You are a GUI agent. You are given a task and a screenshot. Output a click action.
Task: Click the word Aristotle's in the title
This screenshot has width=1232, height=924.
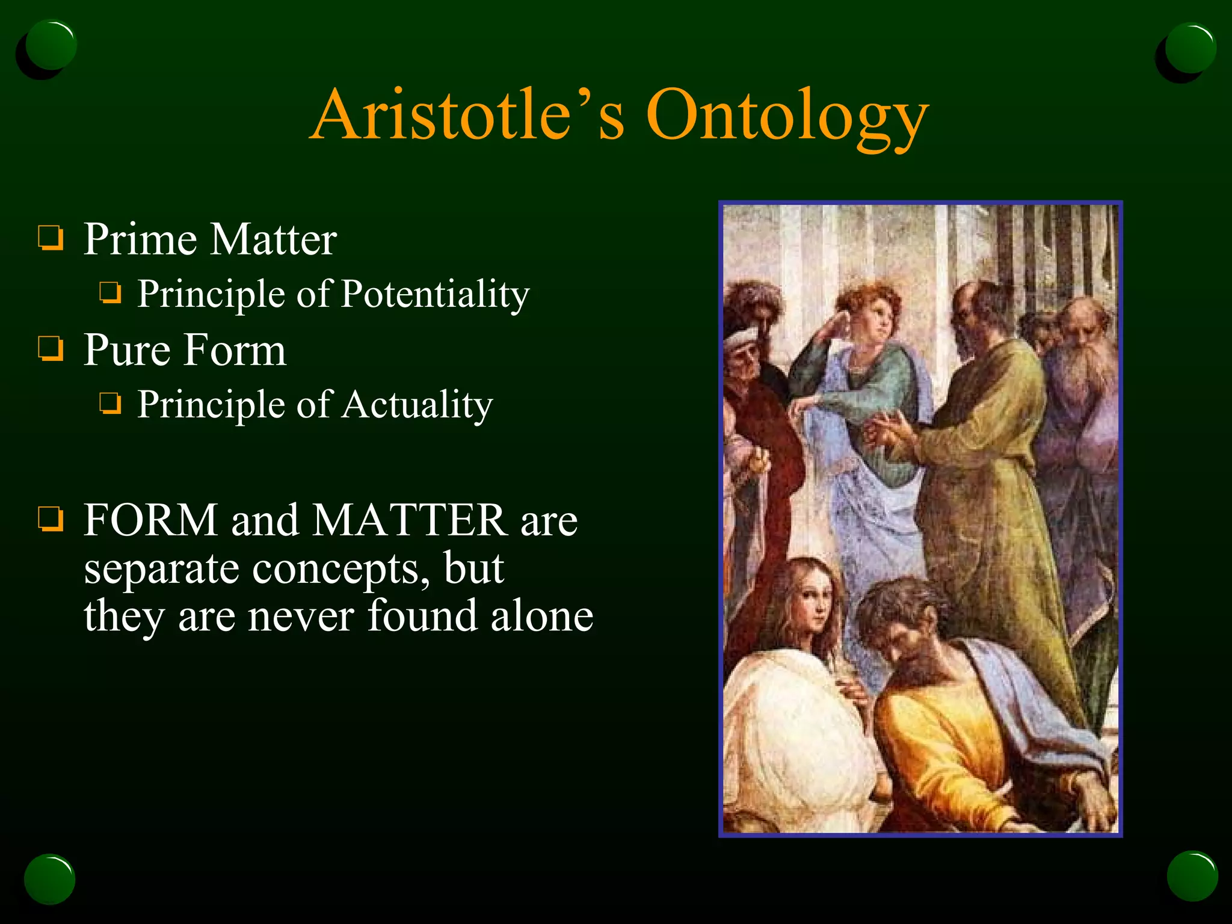[x=469, y=115]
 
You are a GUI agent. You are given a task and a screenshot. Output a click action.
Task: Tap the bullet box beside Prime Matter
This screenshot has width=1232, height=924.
[x=51, y=238]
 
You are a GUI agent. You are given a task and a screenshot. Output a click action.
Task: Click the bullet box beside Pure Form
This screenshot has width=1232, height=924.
[x=51, y=348]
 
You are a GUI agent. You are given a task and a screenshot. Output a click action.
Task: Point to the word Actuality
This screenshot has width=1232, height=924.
[x=417, y=404]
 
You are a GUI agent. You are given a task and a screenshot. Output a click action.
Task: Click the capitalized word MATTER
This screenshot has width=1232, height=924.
[x=410, y=520]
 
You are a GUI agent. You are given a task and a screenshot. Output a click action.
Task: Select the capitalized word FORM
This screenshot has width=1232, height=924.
[x=150, y=520]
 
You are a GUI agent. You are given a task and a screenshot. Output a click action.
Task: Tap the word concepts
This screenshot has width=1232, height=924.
[x=340, y=569]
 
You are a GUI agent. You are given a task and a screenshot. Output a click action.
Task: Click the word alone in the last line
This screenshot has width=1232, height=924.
[x=541, y=617]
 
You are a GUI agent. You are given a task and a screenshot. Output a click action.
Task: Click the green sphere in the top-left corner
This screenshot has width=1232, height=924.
[x=51, y=46]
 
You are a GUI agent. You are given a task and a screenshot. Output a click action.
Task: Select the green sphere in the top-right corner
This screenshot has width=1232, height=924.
[x=1190, y=48]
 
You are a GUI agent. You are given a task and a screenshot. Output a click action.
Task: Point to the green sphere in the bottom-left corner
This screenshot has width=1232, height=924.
[x=49, y=878]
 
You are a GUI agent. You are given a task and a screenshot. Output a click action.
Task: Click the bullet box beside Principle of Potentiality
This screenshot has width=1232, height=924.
[x=110, y=294]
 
